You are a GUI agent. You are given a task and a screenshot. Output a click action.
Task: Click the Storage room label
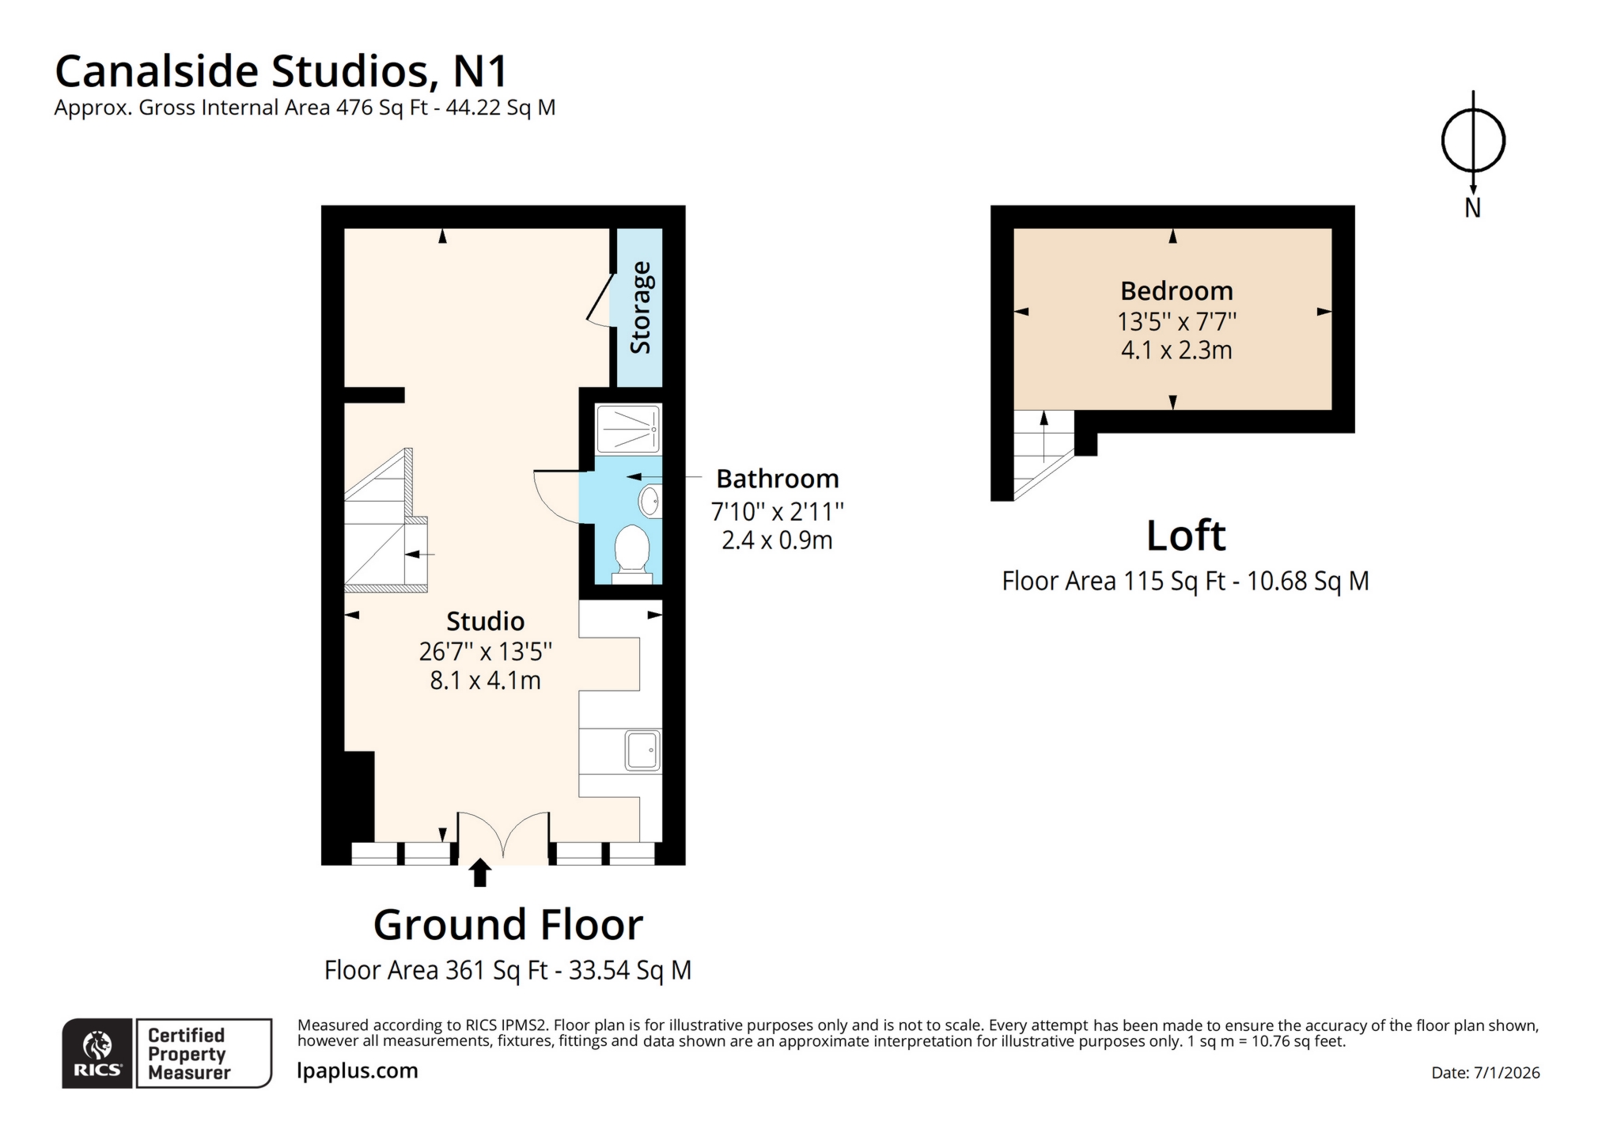pyautogui.click(x=640, y=308)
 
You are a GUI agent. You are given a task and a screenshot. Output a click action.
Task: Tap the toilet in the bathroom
pyautogui.click(x=632, y=549)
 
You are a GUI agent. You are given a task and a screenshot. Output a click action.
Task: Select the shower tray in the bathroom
pyautogui.click(x=627, y=429)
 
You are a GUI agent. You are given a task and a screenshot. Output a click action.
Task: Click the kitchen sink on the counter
pyautogui.click(x=642, y=750)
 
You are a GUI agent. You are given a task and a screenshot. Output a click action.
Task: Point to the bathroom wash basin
pyautogui.click(x=650, y=501)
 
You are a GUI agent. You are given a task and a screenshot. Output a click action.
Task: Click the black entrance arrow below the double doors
pyautogui.click(x=479, y=873)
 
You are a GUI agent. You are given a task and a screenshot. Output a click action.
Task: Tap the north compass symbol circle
pyautogui.click(x=1472, y=141)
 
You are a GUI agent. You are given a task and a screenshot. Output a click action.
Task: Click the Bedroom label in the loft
pyautogui.click(x=1176, y=290)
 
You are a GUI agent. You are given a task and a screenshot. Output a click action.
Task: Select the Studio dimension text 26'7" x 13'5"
pyautogui.click(x=485, y=651)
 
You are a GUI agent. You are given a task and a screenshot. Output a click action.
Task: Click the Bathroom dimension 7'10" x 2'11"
pyautogui.click(x=777, y=512)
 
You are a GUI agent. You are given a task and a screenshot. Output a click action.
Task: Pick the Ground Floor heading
pyautogui.click(x=508, y=924)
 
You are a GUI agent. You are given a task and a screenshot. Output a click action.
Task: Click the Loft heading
pyautogui.click(x=1185, y=536)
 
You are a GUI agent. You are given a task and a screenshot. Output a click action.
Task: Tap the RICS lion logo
pyautogui.click(x=98, y=1046)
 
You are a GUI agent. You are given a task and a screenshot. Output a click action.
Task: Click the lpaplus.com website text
pyautogui.click(x=357, y=1070)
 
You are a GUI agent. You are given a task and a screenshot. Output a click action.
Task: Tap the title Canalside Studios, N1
pyautogui.click(x=281, y=71)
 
